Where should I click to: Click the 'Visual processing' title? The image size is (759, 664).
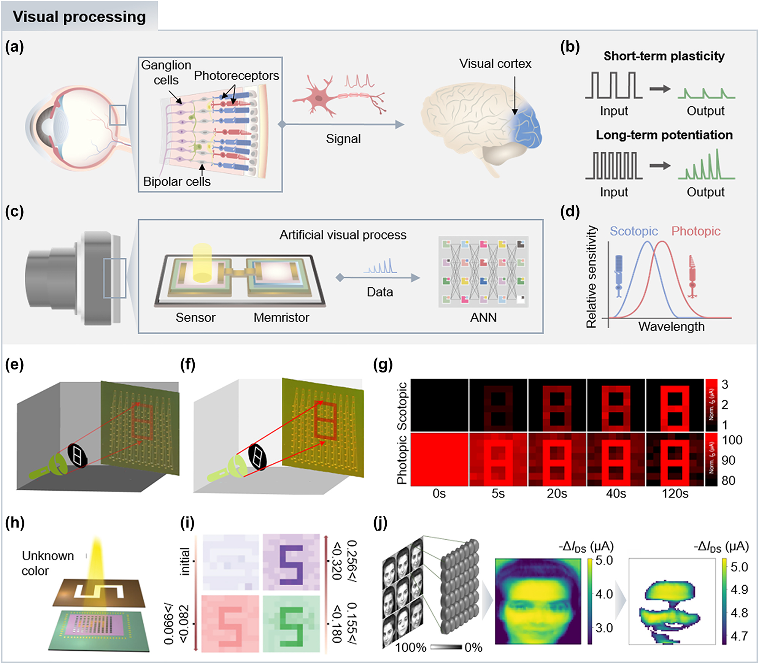(x=79, y=17)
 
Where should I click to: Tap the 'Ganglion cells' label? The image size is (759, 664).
(x=166, y=73)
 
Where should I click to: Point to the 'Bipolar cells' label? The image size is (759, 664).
(x=176, y=181)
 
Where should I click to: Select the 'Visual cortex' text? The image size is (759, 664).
(x=495, y=63)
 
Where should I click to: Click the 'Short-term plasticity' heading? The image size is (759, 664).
(x=664, y=56)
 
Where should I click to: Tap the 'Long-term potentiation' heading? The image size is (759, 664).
(x=664, y=135)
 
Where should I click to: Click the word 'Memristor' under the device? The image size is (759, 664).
(x=281, y=317)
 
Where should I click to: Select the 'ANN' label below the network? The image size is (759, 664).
(x=483, y=317)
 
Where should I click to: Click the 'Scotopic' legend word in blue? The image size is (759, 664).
(x=634, y=231)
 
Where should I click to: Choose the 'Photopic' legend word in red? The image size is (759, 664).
(x=695, y=231)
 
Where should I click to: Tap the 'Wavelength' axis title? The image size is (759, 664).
(x=671, y=326)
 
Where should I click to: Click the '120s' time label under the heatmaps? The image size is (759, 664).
(x=675, y=494)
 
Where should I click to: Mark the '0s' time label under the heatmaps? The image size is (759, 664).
(x=439, y=494)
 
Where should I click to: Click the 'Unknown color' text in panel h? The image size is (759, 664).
(x=48, y=563)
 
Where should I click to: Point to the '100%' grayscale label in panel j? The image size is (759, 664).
(x=411, y=647)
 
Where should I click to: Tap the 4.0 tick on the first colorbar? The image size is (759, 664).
(x=604, y=594)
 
